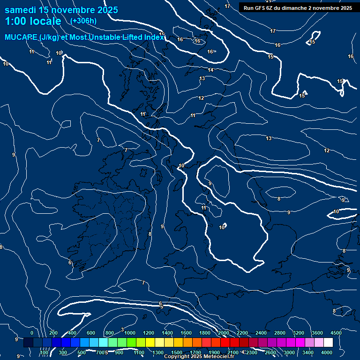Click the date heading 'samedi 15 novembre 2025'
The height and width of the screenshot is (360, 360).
click(x=61, y=10)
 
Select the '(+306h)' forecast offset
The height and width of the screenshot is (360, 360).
click(x=83, y=21)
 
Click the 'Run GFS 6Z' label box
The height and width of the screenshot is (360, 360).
click(x=298, y=8)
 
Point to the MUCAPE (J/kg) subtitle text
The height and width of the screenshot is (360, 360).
click(x=84, y=37)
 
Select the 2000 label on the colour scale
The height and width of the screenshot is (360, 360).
click(x=223, y=333)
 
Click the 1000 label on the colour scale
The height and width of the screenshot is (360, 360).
click(x=130, y=333)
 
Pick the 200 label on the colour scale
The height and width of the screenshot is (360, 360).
click(x=53, y=333)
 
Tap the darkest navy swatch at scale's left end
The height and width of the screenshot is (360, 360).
click(x=28, y=343)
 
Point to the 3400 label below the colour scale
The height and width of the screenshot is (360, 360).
click(x=308, y=352)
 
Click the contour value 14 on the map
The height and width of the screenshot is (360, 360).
click(x=210, y=70)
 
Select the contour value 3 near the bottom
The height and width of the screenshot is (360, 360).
click(x=122, y=330)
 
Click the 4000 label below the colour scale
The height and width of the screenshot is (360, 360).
click(x=327, y=352)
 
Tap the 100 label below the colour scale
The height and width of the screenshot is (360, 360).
click(x=44, y=352)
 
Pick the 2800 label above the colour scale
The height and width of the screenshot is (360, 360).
click(x=280, y=333)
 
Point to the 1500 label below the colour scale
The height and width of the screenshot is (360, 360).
click(x=177, y=352)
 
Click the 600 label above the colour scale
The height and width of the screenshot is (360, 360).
click(x=91, y=333)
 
